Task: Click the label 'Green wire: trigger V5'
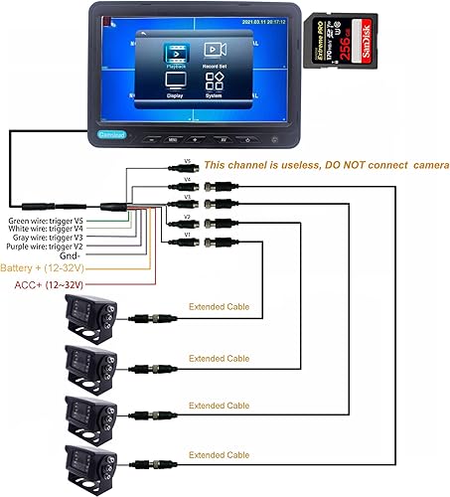46,221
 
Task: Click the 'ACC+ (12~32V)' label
48,284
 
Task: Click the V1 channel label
188,236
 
